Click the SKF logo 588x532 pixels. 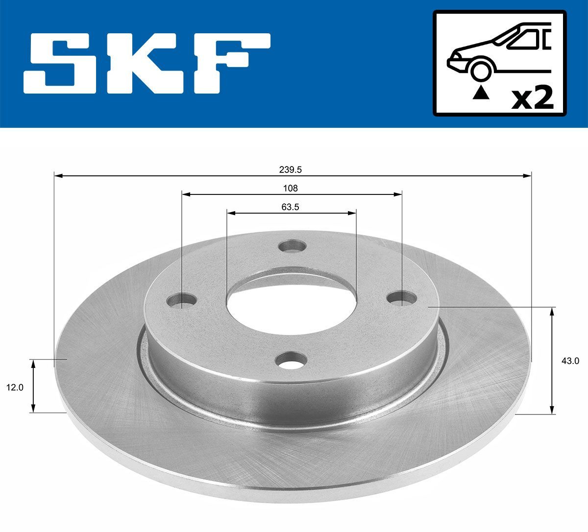[147, 64]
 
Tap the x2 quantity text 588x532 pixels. [532, 98]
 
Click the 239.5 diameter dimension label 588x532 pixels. [292, 169]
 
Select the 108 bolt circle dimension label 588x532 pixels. [291, 188]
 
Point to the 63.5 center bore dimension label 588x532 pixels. [290, 207]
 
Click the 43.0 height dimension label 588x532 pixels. [571, 361]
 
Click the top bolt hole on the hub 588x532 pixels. [292, 246]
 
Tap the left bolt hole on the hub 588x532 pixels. [182, 300]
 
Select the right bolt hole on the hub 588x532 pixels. [402, 297]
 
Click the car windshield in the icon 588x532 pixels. [522, 39]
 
